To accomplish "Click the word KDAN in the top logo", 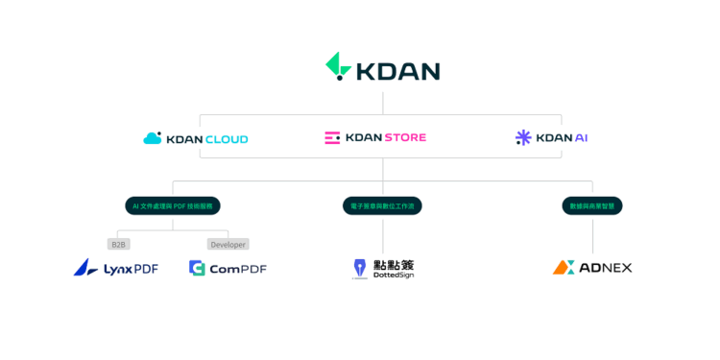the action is [x=397, y=71].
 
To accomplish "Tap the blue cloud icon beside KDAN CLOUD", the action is [x=152, y=138].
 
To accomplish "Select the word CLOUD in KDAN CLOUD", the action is [x=226, y=139].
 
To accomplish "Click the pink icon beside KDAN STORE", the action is [x=332, y=138].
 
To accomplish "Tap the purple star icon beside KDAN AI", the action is [x=523, y=138].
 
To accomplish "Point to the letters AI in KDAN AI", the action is [x=581, y=138].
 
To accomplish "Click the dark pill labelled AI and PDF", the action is [x=173, y=205].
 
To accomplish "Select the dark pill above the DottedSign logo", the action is [x=382, y=205].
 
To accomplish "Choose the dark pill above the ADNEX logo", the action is [x=592, y=205].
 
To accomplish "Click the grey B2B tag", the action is [x=118, y=244].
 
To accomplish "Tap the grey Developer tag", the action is [x=228, y=244].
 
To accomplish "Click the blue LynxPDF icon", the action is [x=85, y=268].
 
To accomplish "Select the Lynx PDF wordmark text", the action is [x=131, y=269].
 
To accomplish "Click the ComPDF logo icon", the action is [x=197, y=268].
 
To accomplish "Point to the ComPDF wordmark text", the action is [x=237, y=269].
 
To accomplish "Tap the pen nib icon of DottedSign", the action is [x=359, y=268].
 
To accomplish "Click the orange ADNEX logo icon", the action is [x=564, y=268].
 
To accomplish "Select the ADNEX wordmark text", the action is [x=606, y=268].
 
